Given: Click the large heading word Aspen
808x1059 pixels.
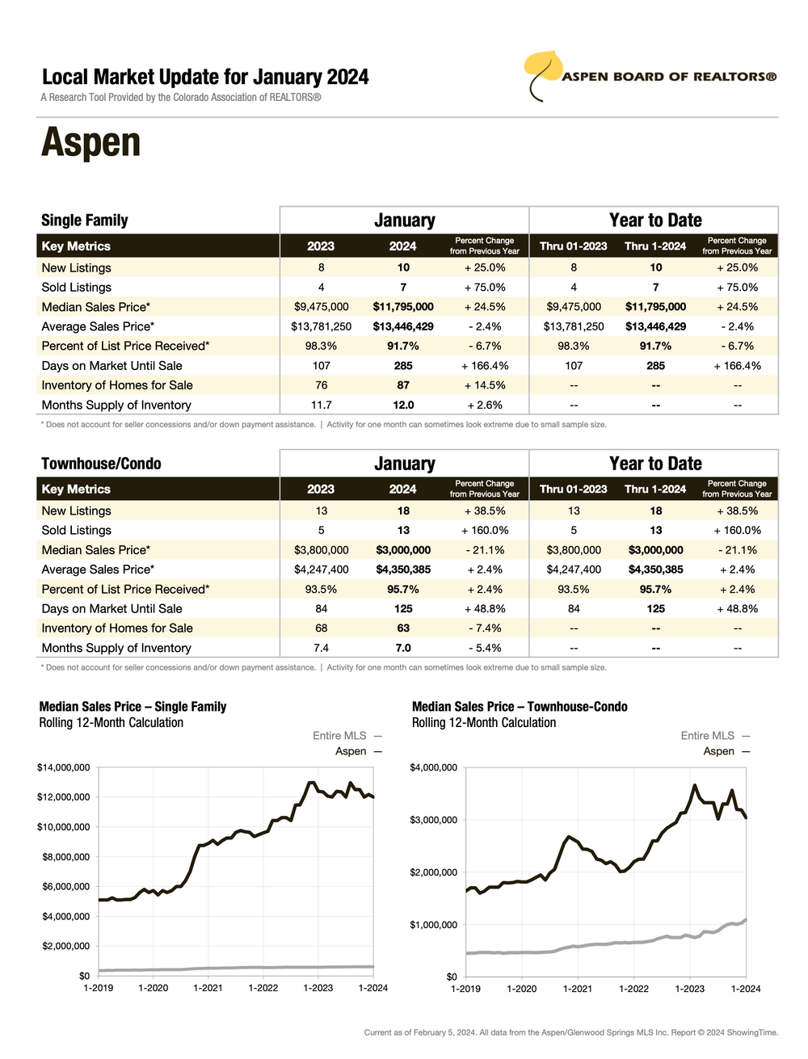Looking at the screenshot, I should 90,142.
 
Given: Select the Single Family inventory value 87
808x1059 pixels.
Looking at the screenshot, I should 403,385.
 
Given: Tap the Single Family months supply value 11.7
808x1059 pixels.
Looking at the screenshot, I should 321,405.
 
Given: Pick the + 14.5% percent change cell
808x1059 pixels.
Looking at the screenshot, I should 485,385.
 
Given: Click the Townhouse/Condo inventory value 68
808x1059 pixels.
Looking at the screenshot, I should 321,628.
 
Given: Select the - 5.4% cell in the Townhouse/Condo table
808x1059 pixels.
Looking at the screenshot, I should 485,648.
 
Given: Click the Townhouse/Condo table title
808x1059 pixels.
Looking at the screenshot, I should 101,464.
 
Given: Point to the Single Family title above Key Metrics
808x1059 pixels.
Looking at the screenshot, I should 84,221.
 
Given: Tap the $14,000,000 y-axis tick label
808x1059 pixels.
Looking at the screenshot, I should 63,767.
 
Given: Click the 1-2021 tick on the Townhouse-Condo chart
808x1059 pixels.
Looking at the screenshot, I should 577,989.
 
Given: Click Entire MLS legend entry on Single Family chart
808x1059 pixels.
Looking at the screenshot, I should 339,736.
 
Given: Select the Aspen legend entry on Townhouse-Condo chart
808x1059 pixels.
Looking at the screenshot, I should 718,751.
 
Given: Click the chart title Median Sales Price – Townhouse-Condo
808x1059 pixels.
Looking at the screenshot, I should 520,707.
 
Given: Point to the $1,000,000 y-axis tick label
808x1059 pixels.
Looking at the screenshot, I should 433,925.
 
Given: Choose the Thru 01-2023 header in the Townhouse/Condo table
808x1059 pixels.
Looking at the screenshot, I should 573,489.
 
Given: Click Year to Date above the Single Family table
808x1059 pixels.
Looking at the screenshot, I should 655,221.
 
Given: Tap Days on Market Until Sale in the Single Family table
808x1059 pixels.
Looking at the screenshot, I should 112,366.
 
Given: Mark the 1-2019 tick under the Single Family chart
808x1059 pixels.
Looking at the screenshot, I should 99,988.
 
